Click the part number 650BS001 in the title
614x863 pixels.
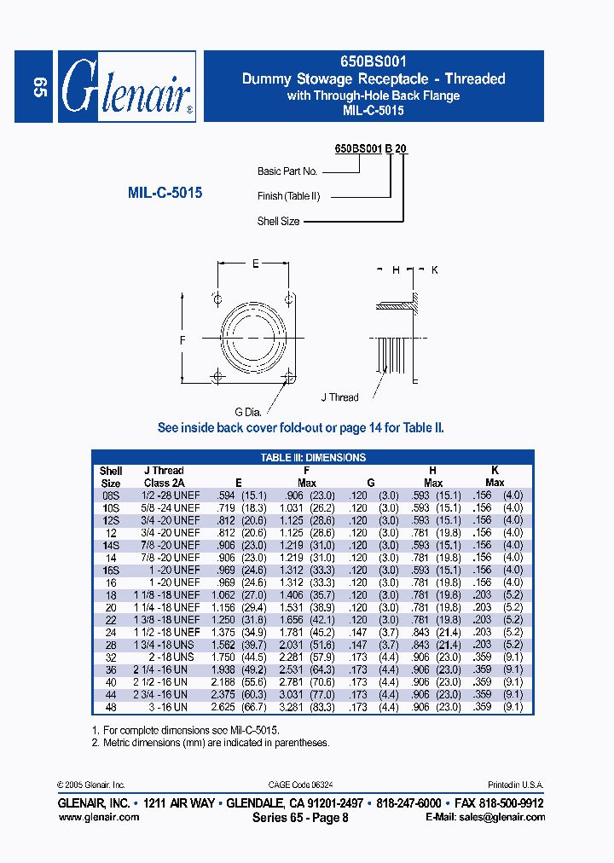[373, 61]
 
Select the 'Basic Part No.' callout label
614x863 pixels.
[287, 171]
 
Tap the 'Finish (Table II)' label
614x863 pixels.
[289, 196]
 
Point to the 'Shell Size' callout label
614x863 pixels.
[278, 221]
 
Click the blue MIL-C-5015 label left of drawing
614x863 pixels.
[165, 194]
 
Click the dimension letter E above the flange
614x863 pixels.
[255, 264]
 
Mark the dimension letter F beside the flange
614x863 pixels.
[182, 339]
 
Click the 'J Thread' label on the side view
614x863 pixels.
[340, 397]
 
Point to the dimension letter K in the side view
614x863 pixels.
[434, 269]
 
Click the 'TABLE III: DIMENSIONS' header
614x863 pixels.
[313, 458]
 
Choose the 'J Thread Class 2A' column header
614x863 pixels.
[164, 477]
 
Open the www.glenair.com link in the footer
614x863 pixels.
[98, 817]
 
